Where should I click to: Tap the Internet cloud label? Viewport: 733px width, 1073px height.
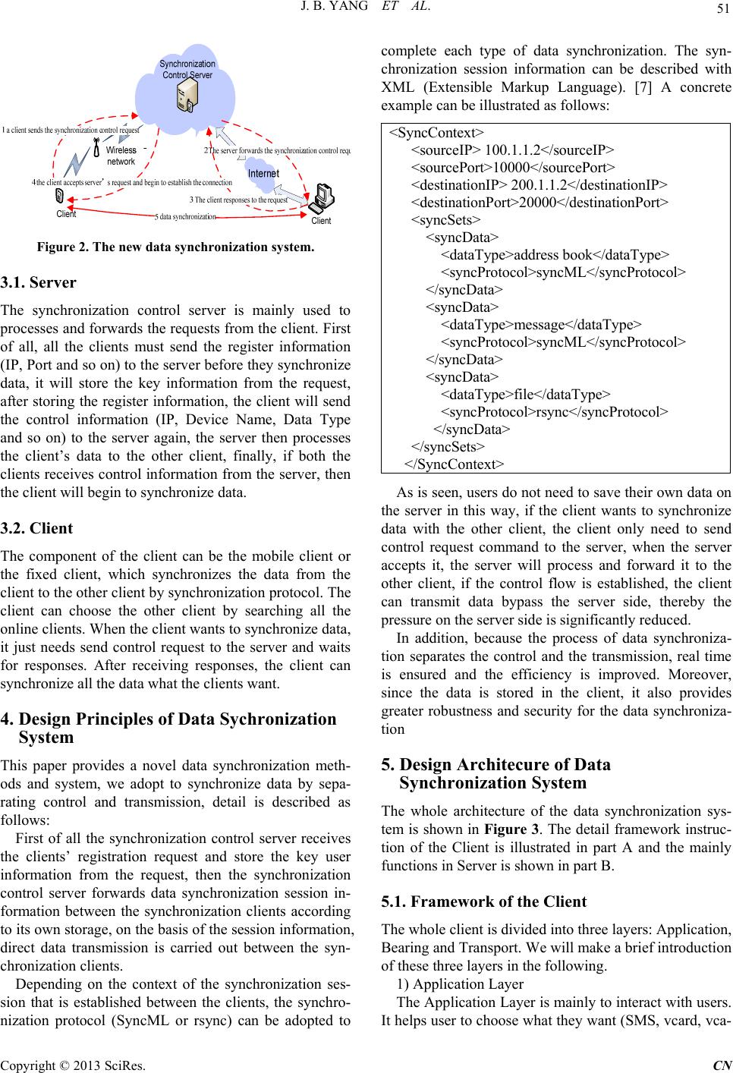click(265, 174)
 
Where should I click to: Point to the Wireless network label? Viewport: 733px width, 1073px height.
click(121, 156)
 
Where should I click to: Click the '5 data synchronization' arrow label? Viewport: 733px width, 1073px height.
click(185, 217)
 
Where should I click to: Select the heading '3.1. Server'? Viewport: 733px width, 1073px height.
click(49, 283)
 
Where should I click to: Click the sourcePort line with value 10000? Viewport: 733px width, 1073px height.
click(512, 166)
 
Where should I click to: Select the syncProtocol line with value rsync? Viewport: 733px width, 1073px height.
click(554, 411)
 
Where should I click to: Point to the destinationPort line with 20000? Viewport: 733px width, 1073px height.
click(539, 201)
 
